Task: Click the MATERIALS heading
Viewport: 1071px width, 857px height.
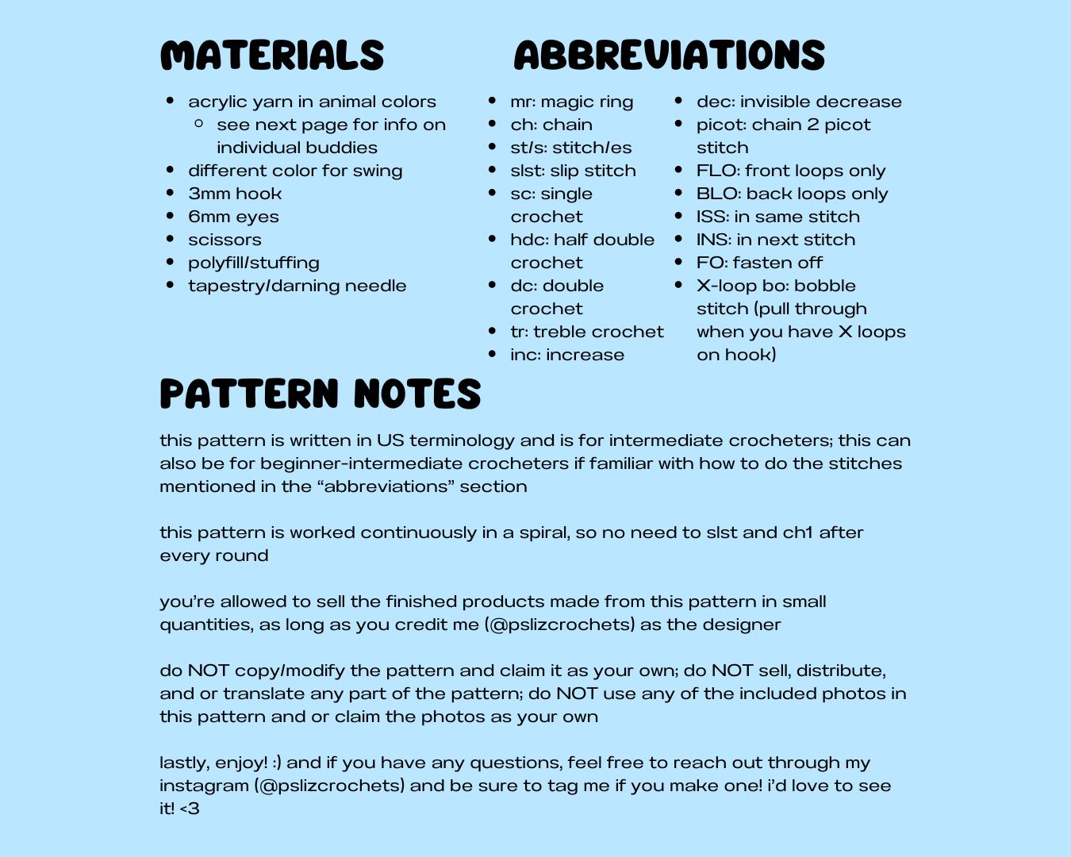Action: [x=272, y=56]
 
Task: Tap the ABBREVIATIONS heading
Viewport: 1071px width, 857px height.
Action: [x=669, y=56]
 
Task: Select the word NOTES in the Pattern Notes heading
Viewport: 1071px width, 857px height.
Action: [x=417, y=394]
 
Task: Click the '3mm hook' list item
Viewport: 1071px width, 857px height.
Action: [x=235, y=194]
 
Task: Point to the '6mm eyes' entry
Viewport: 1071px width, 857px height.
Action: [x=233, y=217]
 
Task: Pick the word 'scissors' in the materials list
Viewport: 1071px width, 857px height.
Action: [x=225, y=240]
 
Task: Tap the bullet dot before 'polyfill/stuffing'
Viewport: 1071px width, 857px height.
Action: [x=171, y=262]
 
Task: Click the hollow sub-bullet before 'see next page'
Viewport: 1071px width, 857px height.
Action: [x=199, y=124]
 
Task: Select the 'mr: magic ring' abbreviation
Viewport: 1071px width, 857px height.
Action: [x=571, y=102]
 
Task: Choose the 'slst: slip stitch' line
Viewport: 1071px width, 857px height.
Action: [x=573, y=171]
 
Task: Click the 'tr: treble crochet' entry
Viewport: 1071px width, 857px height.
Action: [x=587, y=332]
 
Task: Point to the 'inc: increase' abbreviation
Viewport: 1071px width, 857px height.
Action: [x=567, y=355]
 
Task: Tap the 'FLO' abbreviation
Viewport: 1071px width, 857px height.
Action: [x=712, y=171]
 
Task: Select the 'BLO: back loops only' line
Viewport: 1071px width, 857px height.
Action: [x=792, y=194]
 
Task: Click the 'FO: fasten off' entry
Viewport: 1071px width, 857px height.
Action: [x=759, y=263]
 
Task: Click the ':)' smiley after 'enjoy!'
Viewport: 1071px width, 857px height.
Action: [x=276, y=763]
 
